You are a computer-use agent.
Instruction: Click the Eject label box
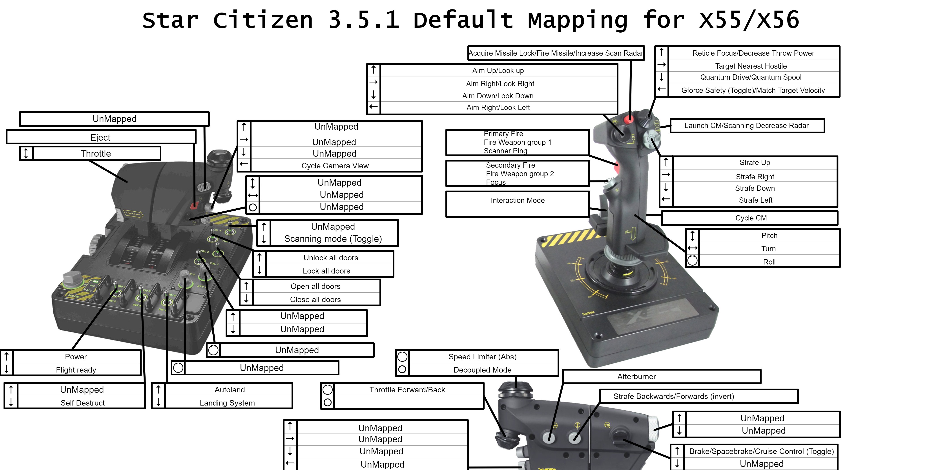click(x=101, y=137)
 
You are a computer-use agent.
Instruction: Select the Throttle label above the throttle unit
click(x=96, y=154)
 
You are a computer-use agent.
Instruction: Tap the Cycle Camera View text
click(x=335, y=166)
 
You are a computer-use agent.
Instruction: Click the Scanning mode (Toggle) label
click(x=333, y=239)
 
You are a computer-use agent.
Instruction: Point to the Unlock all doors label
click(x=331, y=258)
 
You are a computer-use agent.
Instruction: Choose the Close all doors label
click(x=315, y=300)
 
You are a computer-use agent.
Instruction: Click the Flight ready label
click(x=76, y=370)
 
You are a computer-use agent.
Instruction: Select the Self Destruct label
click(x=82, y=403)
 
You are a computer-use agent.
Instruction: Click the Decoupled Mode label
click(x=482, y=370)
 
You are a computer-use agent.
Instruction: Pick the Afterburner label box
click(x=636, y=376)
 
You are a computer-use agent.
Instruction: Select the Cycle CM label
click(x=751, y=218)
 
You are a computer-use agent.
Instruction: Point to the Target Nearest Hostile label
click(x=751, y=66)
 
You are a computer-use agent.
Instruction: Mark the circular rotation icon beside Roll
click(x=692, y=261)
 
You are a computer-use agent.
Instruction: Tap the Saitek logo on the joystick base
click(x=588, y=313)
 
